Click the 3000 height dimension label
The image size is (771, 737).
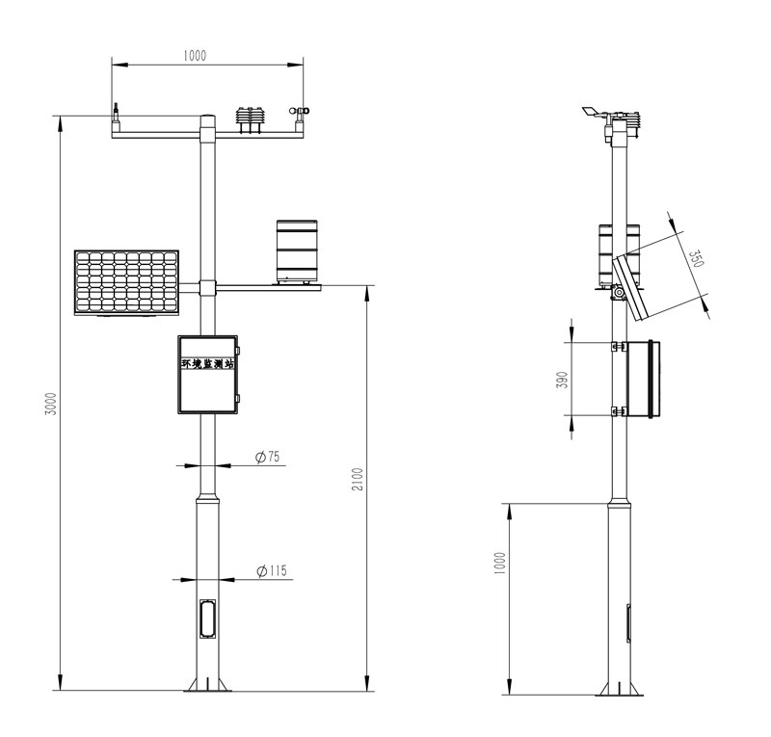coord(51,403)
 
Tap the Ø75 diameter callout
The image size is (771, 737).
coord(268,457)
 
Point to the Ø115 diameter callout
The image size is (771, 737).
coord(272,571)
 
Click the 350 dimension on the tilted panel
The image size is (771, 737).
coord(696,258)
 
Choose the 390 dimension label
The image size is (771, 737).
coord(562,380)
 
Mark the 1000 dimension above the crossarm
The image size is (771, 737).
coord(195,56)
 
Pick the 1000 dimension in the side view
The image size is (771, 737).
coord(499,564)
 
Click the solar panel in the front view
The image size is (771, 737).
coord(126,282)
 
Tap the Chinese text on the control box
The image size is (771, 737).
coord(207,364)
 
